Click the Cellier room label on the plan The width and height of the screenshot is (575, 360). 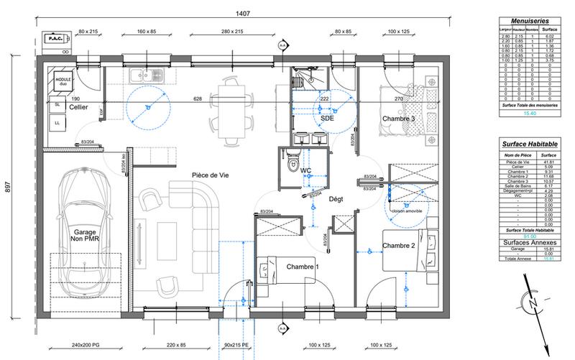tap(78, 107)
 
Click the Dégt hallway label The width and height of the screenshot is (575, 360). tap(337, 200)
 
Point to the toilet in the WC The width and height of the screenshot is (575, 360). tap(291, 165)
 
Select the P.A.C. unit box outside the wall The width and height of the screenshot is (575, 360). tap(55, 39)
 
